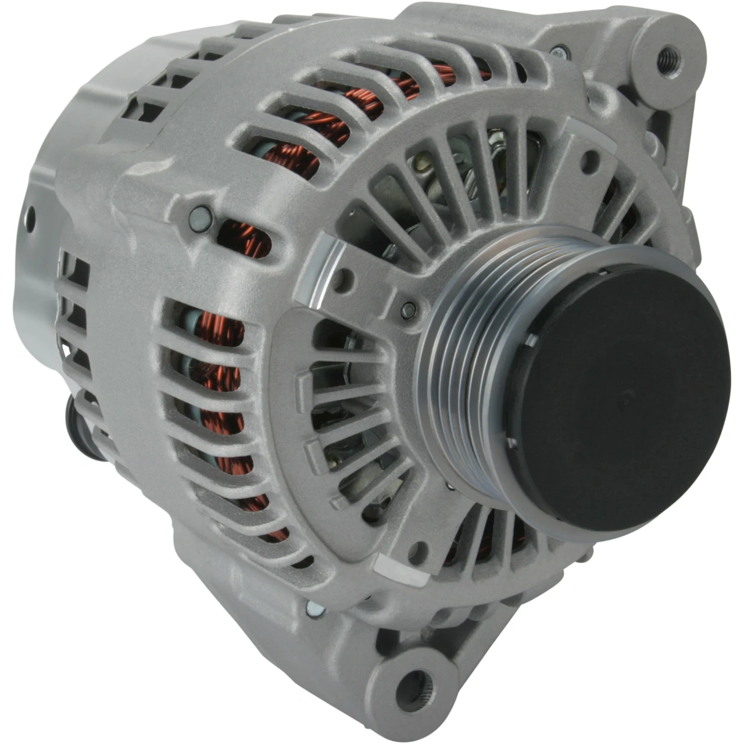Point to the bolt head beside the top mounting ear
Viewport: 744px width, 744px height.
click(x=559, y=52)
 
